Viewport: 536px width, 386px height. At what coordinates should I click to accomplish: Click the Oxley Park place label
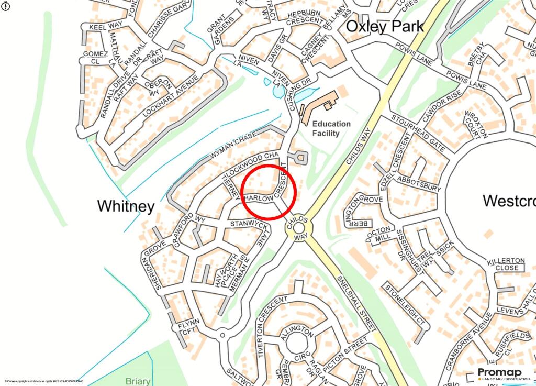[x=385, y=26]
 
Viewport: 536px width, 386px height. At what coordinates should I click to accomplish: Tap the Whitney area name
[x=126, y=206]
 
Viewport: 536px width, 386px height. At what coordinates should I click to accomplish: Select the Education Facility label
[x=331, y=128]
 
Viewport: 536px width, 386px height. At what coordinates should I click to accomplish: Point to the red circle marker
[x=270, y=192]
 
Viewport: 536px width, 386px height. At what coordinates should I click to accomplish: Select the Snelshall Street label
[x=356, y=302]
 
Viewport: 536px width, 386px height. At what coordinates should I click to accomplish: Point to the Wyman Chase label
[x=233, y=145]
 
